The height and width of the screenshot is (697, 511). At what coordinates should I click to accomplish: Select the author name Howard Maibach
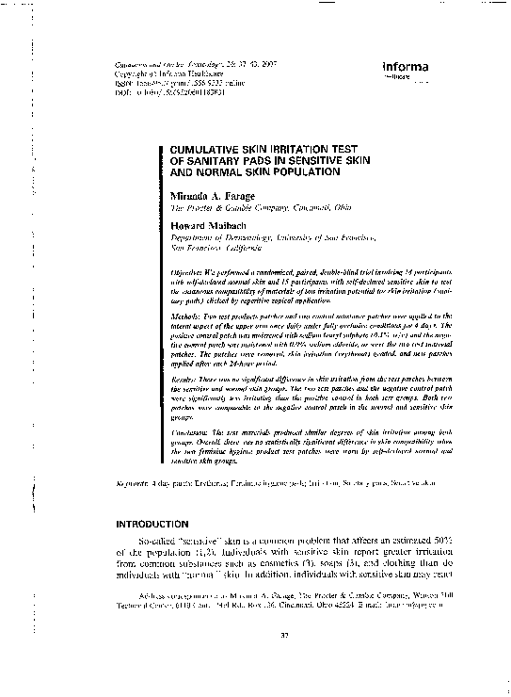pos(211,226)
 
